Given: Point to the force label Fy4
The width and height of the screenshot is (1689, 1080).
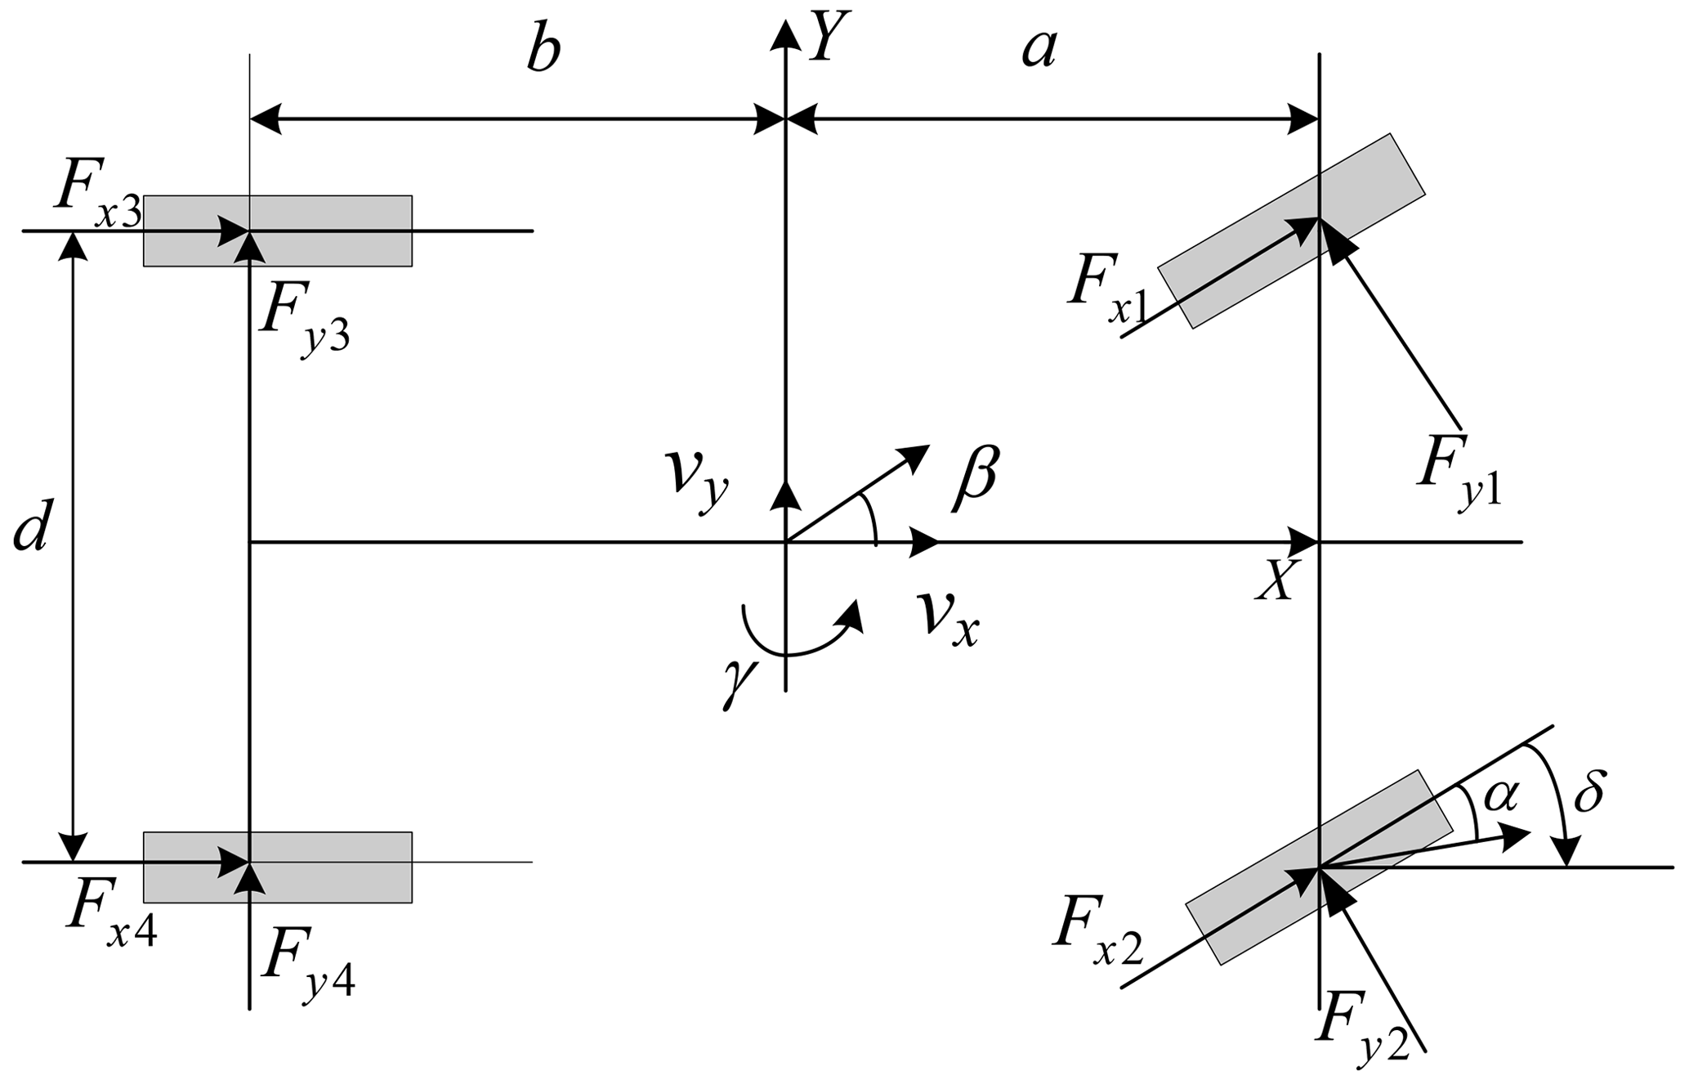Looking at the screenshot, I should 307,966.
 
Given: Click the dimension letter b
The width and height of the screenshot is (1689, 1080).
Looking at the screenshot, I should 543,51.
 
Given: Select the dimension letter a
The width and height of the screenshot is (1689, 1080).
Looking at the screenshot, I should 1039,51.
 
